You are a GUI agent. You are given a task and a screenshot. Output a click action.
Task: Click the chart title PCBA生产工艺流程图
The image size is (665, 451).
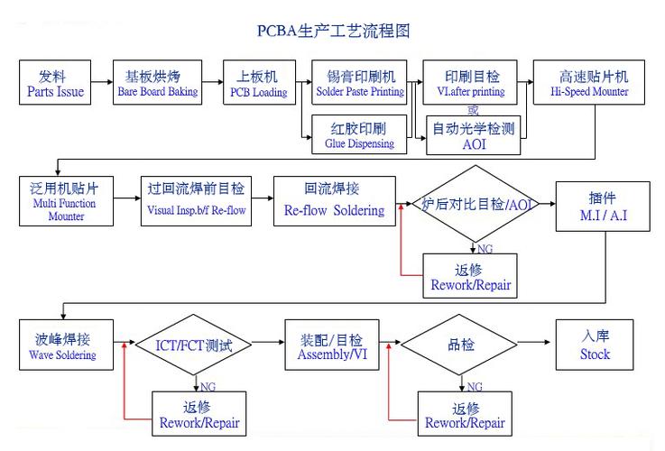tap(333, 31)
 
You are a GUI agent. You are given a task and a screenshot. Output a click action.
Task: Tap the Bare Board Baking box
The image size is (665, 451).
tap(157, 83)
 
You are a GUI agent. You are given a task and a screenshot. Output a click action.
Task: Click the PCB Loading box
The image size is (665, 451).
tap(258, 83)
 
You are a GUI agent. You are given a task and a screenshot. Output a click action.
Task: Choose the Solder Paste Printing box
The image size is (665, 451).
tap(360, 83)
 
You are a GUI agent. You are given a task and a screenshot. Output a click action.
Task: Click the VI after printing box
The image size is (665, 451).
tap(473, 83)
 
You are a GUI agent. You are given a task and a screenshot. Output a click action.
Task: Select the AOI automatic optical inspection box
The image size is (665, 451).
tap(473, 135)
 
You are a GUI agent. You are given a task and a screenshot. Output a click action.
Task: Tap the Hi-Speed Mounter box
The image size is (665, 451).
tap(593, 83)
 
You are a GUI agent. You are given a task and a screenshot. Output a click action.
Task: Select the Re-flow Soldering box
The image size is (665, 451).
tap(333, 200)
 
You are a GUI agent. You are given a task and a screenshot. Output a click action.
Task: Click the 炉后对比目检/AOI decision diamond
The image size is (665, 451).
tap(476, 204)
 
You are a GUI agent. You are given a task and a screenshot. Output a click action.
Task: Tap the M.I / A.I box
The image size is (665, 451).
tap(602, 206)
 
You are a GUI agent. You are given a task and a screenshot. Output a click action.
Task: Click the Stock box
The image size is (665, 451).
tap(595, 345)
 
